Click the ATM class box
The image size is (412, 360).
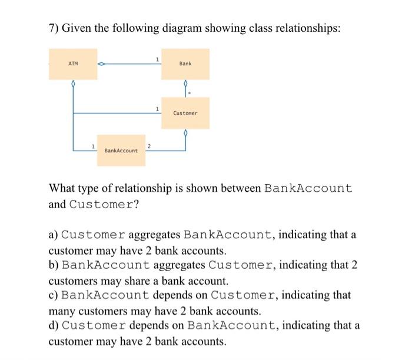(x=73, y=64)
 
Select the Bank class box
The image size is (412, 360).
(x=186, y=64)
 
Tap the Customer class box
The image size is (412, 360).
(x=186, y=112)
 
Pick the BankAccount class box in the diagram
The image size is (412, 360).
(x=121, y=151)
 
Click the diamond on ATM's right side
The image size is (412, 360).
(x=101, y=64)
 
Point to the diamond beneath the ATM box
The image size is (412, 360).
(x=73, y=85)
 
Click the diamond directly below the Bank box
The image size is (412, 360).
(x=186, y=85)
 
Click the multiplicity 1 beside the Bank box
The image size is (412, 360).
(x=157, y=58)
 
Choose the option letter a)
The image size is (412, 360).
(x=54, y=235)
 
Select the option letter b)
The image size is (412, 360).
(x=54, y=265)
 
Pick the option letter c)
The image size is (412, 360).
(x=54, y=295)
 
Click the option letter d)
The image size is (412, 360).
(x=54, y=326)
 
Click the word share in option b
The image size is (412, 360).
(x=128, y=281)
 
